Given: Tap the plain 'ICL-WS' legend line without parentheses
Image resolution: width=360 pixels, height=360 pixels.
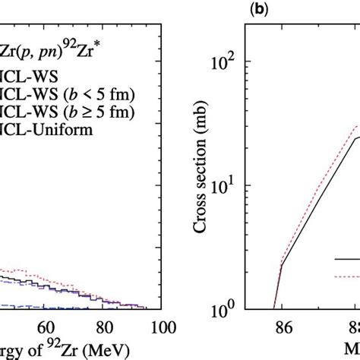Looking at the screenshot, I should coord(27,76).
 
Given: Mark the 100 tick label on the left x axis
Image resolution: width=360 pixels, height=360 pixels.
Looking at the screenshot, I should coord(157,328).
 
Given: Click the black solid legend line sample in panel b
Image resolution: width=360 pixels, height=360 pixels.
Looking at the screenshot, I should coord(346,259).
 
